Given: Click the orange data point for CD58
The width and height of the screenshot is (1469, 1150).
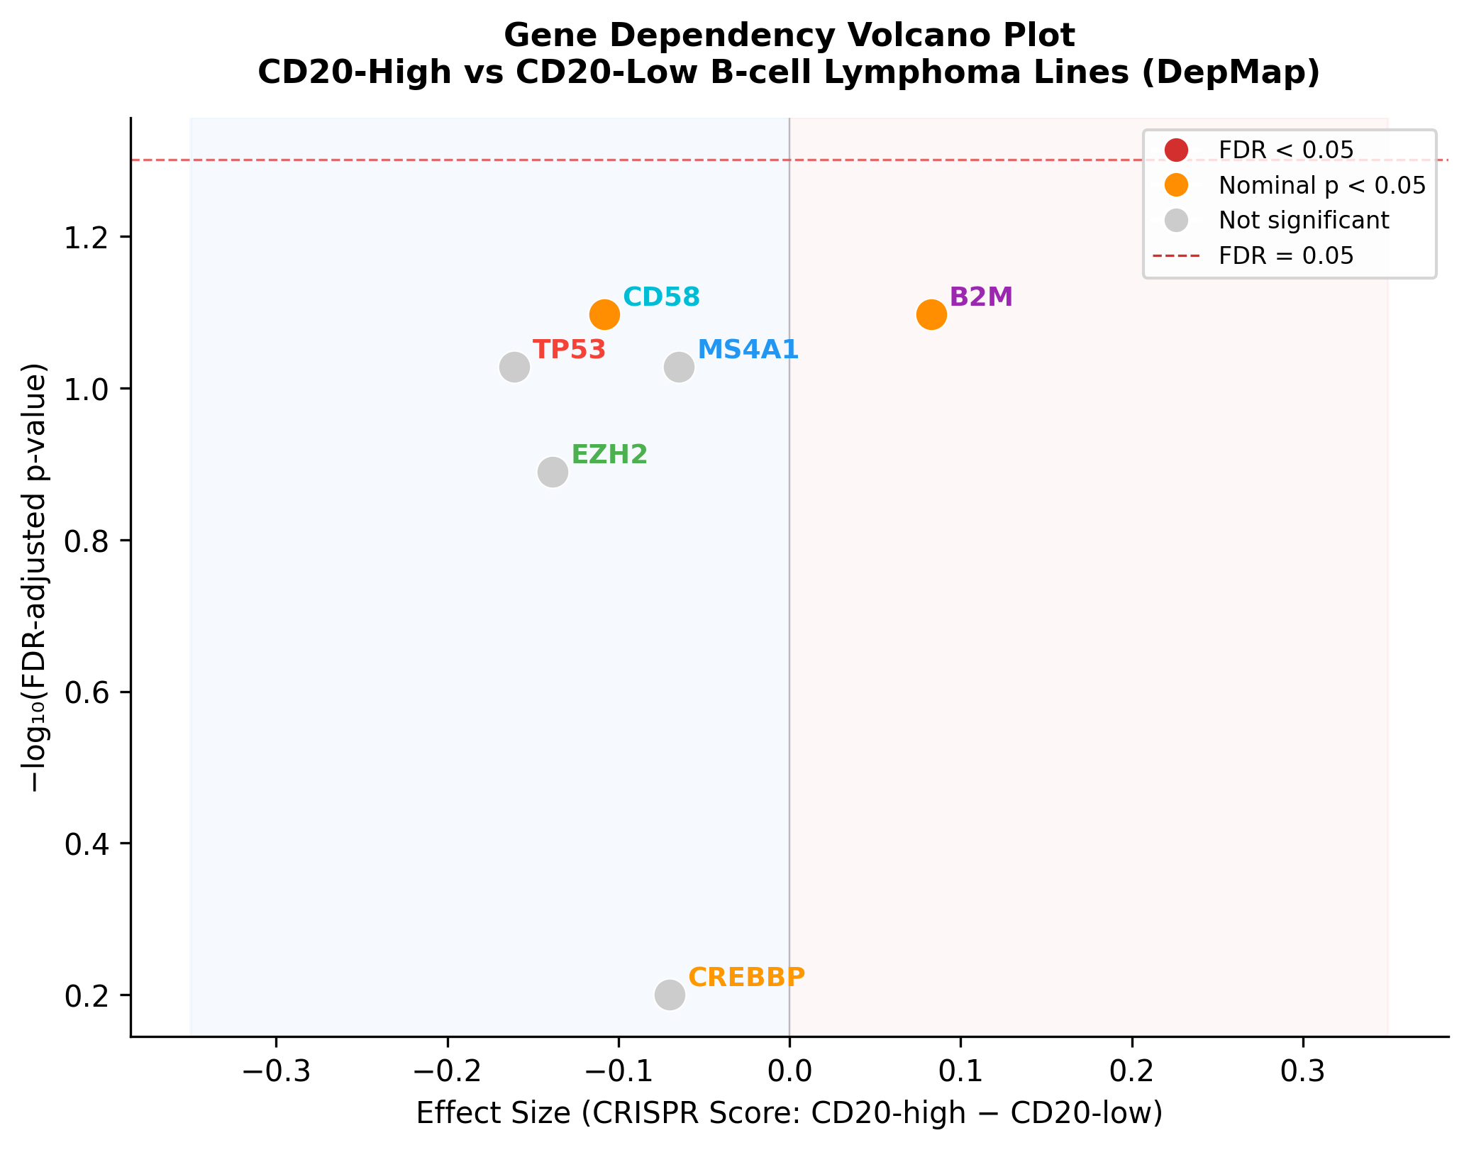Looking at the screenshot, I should [604, 314].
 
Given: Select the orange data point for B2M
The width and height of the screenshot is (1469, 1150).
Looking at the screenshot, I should [931, 314].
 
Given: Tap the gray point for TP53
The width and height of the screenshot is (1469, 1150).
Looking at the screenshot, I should [514, 367].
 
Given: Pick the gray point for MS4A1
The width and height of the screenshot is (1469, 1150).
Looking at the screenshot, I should [679, 367].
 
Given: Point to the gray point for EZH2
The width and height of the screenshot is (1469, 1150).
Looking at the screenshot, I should [553, 472].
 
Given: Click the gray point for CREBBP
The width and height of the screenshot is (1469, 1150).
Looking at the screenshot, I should [670, 995].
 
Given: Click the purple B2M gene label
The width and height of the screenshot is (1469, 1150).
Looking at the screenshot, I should [981, 297].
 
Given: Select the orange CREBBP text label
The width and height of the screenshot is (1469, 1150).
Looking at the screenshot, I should [746, 977].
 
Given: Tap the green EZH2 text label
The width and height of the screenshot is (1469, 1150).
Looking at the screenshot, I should [609, 455].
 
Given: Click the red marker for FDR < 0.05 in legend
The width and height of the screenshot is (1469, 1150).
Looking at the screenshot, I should [1176, 150].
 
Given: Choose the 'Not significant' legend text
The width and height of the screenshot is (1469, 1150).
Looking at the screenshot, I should [1304, 221].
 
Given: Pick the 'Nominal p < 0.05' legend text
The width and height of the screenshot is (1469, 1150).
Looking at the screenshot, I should [1322, 185].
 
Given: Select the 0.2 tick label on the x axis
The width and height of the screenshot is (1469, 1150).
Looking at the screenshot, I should [1132, 1073].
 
